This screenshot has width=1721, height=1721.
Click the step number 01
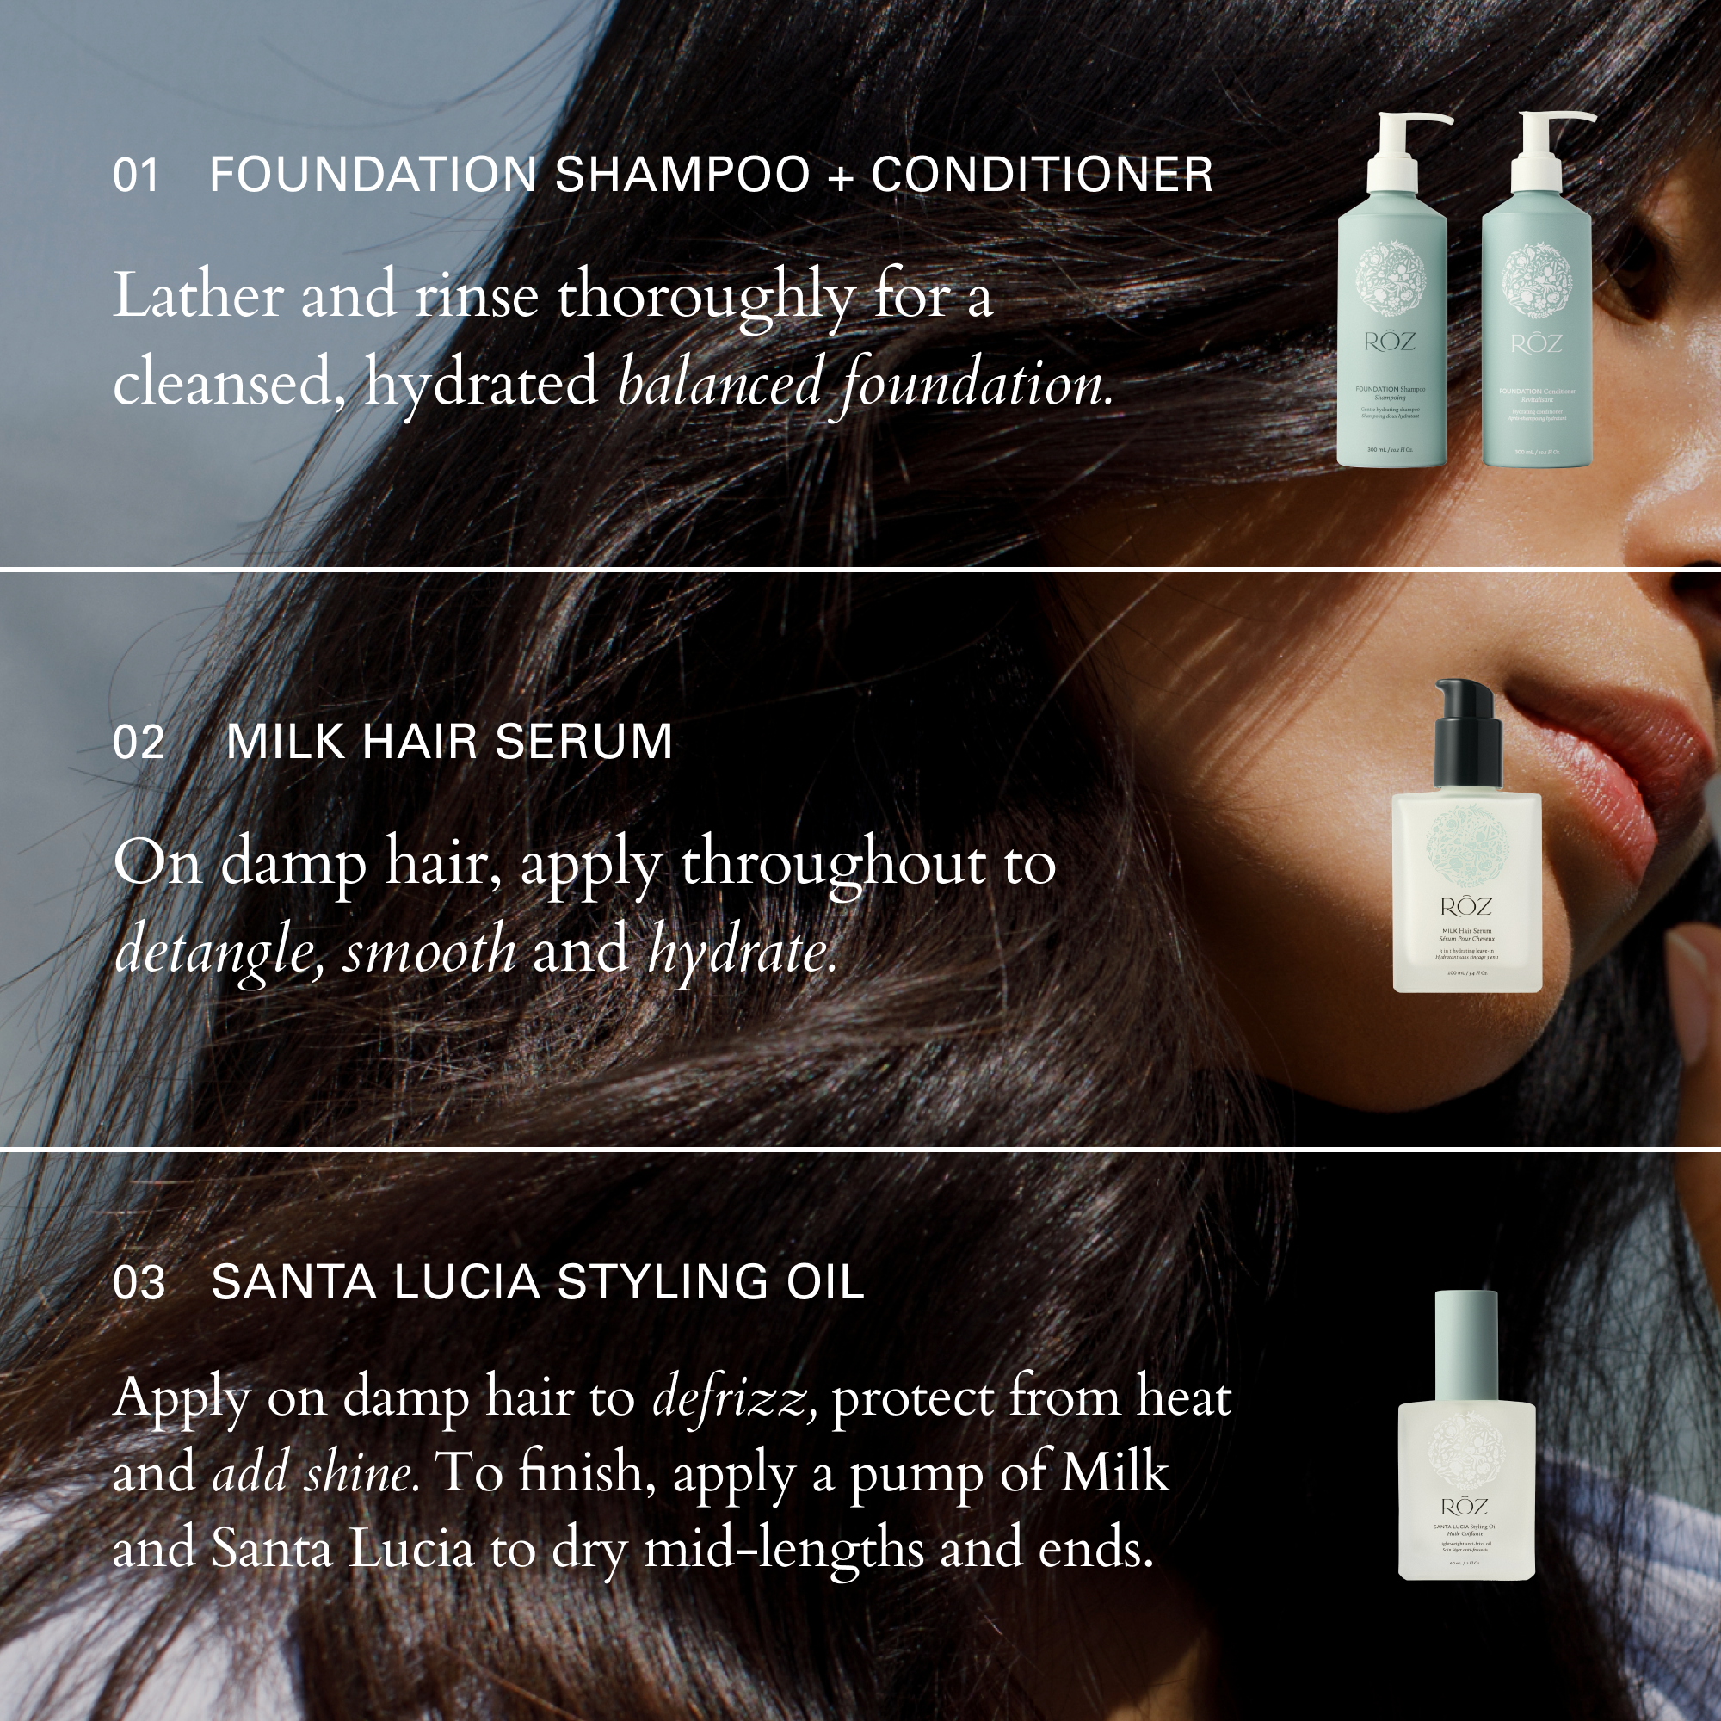coord(135,176)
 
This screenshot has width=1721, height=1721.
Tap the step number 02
coord(139,743)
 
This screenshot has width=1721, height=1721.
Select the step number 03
coord(139,1283)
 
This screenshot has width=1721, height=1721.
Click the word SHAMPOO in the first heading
coord(682,175)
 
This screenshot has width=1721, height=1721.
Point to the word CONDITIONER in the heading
coord(1041,175)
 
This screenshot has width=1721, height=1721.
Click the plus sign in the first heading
coord(840,176)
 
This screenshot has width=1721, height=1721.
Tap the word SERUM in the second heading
coord(583,742)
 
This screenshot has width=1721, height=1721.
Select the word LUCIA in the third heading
coord(466,1282)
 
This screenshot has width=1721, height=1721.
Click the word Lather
coord(198,296)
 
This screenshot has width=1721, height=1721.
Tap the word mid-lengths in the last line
coord(784,1550)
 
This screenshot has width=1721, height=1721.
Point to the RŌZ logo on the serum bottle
coord(1465,907)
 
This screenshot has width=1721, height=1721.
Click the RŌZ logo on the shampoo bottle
coord(1389,341)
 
